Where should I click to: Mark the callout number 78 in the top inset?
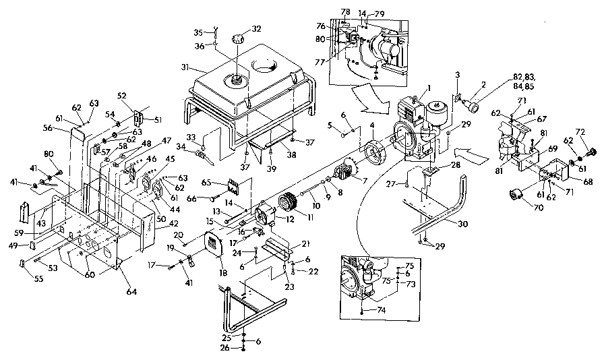[345, 12]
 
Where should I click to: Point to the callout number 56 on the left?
[47, 127]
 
